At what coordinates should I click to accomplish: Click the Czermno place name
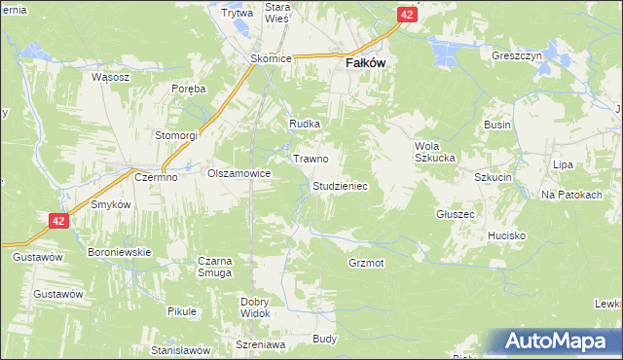(x=154, y=176)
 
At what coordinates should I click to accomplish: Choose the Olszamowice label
(x=238, y=173)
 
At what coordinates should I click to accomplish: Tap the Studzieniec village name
(x=339, y=185)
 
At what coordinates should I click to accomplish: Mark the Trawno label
(x=311, y=158)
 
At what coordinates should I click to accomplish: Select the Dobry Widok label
(x=254, y=306)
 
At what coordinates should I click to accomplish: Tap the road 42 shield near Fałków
(x=408, y=16)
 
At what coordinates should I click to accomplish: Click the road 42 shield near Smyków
(x=59, y=222)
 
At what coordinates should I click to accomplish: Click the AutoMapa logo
(x=558, y=341)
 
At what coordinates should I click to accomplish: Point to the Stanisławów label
(x=181, y=349)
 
